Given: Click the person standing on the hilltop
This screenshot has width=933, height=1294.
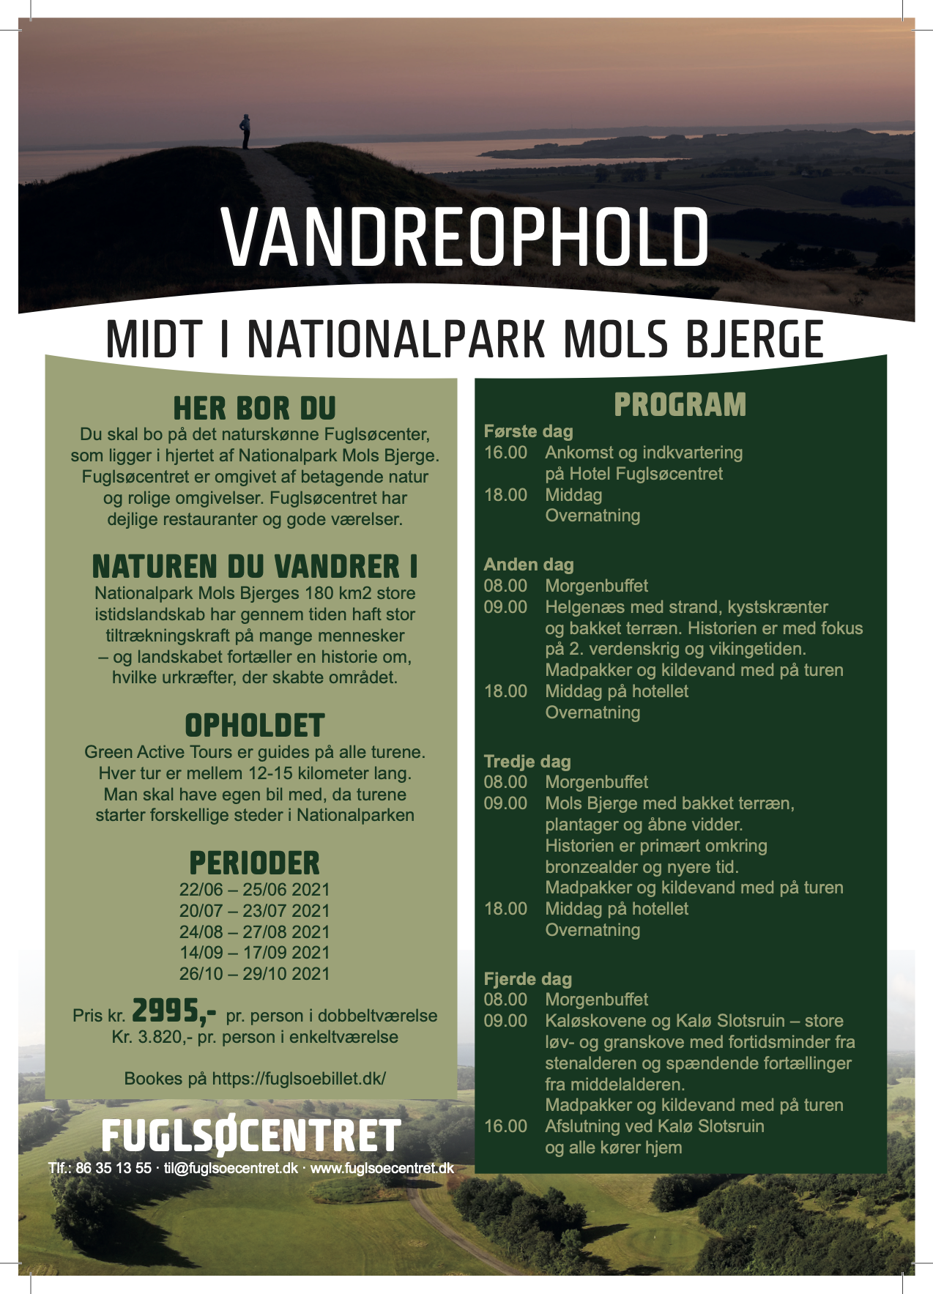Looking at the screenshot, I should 245,132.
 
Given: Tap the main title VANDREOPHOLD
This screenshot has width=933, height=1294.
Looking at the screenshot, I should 465,238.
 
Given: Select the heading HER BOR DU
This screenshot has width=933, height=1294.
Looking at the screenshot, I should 254,409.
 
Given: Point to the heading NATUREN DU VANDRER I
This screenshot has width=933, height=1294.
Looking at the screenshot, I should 254,567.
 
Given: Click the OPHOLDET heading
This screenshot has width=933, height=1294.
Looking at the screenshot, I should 254,726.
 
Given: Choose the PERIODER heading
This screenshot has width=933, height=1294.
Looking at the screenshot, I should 254,863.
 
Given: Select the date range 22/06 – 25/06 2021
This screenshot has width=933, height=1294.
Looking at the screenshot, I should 254,890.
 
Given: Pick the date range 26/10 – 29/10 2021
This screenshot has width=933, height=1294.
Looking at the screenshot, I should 254,974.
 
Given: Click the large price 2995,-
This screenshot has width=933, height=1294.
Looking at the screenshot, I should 174,1011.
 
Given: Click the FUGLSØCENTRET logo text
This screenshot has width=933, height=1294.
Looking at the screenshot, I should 251,1137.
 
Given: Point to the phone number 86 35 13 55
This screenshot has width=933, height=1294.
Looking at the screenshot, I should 113,1168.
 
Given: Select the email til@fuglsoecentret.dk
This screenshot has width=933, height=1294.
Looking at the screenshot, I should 231,1168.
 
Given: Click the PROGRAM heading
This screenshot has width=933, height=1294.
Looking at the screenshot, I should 680,405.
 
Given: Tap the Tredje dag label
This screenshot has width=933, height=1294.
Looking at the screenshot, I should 527,762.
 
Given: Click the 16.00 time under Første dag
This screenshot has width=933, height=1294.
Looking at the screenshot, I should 505,453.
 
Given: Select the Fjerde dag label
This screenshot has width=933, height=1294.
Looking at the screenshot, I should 527,979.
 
